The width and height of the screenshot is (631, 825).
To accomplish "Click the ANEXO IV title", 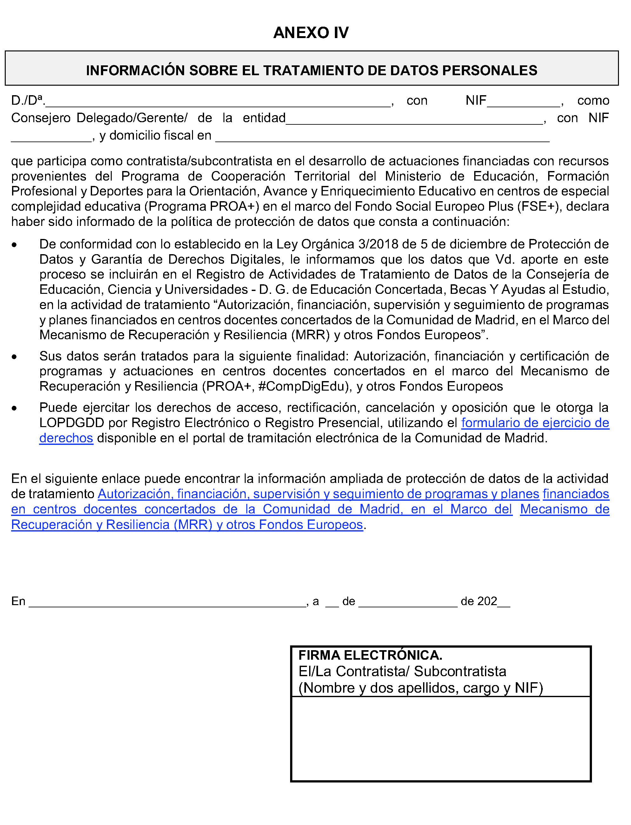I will pos(311,33).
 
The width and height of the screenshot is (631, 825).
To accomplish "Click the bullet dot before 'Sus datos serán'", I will pos(14,357).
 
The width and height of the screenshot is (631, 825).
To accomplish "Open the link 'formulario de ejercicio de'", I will pos(535,423).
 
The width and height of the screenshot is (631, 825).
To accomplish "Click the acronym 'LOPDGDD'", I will pos(72,423).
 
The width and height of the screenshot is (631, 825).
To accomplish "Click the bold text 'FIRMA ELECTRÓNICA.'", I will pos(370,655).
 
